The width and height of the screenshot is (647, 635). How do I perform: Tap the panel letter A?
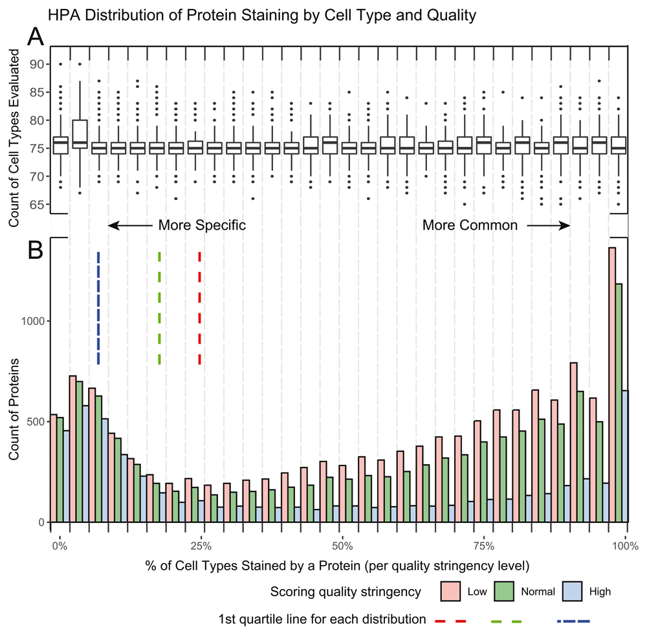point(36,38)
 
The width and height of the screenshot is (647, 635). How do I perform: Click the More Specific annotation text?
point(203,225)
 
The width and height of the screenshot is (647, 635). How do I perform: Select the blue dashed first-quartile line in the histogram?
point(98,307)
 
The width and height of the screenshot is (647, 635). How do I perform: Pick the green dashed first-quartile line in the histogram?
point(159,307)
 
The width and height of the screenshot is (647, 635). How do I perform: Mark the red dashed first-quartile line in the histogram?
point(200,307)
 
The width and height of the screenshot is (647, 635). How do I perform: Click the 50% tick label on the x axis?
point(342,545)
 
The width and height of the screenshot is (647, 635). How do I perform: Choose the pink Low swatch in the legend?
point(450,591)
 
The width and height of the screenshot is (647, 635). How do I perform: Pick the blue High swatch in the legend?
point(572,591)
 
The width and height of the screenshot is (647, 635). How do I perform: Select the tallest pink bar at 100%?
point(611,384)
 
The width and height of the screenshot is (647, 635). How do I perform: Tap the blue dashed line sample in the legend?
point(574,621)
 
